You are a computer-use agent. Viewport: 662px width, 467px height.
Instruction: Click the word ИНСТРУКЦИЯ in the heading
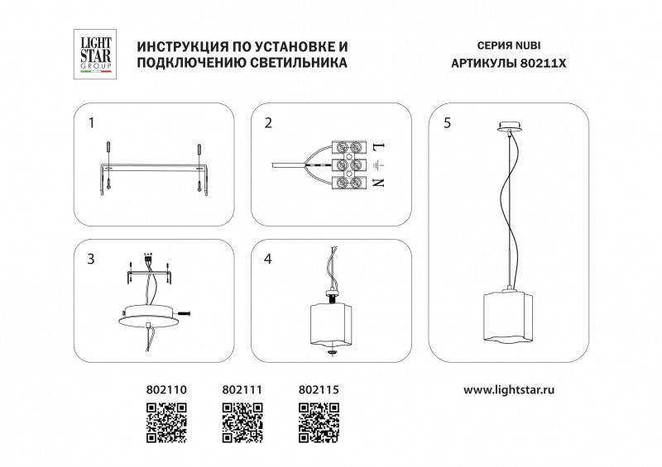click(x=179, y=46)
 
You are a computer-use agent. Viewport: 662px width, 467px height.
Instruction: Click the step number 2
click(x=268, y=124)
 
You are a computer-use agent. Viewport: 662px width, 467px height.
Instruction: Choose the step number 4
click(x=268, y=260)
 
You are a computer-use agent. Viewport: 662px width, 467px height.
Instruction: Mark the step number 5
click(x=447, y=124)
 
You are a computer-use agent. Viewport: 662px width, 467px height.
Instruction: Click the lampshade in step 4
click(x=331, y=322)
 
